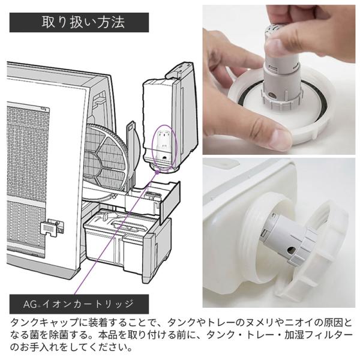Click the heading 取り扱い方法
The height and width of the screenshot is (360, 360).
[83, 22]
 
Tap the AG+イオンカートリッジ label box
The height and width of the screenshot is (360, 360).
[79, 304]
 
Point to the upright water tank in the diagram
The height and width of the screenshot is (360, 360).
[170, 117]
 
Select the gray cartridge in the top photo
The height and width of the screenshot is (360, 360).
[282, 76]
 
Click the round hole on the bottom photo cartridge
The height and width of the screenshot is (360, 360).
[292, 250]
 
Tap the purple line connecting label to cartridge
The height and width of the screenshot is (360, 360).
[116, 233]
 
